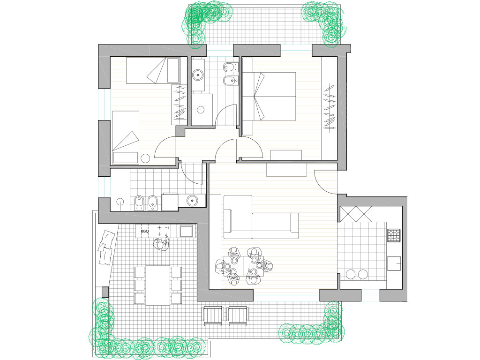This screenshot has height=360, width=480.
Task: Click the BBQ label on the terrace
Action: tap(145, 232)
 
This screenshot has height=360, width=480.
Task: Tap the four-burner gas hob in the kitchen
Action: tap(394, 235)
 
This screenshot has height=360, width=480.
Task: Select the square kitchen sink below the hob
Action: tap(394, 263)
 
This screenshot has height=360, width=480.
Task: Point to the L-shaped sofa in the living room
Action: tap(261, 217)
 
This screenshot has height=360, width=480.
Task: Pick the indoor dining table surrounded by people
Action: tap(244, 266)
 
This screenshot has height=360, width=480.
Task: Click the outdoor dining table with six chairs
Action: tap(158, 285)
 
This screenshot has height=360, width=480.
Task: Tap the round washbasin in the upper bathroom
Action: tap(198, 75)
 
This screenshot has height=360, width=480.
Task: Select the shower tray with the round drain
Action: tap(202, 109)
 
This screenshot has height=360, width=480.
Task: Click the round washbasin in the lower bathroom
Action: tap(192, 201)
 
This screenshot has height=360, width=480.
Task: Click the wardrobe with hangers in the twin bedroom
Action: tap(179, 105)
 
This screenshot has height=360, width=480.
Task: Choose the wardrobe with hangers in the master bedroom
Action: tap(330, 106)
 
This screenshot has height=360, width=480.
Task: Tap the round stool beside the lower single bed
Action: tap(145, 158)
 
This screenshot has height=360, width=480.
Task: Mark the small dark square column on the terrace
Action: tap(105, 292)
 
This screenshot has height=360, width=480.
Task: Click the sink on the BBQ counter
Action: tap(187, 232)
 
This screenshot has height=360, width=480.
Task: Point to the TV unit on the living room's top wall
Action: tap(286, 170)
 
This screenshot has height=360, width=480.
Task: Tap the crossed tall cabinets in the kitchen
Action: tap(356, 214)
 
